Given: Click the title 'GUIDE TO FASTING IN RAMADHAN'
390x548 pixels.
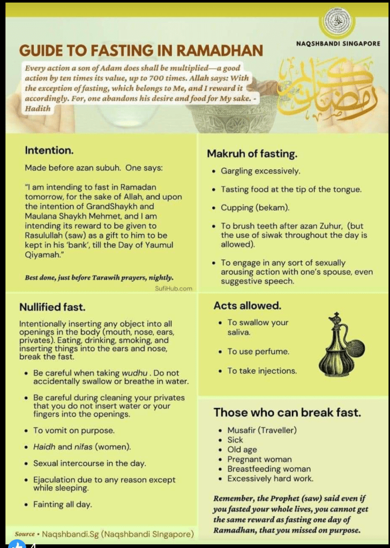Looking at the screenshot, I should click(x=141, y=51).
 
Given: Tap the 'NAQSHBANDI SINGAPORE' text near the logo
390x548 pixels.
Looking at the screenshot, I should click(x=338, y=43).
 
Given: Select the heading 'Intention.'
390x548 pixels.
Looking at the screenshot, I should click(x=49, y=151).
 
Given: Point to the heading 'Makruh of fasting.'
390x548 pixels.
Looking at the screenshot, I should click(x=252, y=154).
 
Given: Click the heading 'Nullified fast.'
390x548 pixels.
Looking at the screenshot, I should click(x=52, y=307).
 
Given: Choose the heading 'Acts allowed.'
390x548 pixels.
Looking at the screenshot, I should click(x=247, y=305).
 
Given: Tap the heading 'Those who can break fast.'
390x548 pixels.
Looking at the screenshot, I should click(x=287, y=412).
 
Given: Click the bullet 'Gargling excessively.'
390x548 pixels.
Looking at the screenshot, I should click(x=260, y=171).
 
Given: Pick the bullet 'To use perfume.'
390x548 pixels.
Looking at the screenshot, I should click(x=258, y=351).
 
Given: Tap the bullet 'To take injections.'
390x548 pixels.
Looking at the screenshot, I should click(x=262, y=371).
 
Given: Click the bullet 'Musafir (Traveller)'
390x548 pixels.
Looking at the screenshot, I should click(x=262, y=430).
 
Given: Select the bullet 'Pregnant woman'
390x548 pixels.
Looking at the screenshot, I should click(x=259, y=459).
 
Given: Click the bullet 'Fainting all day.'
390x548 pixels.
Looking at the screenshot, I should click(x=62, y=504).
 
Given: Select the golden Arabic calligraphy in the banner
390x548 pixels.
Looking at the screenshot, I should click(x=327, y=86).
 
